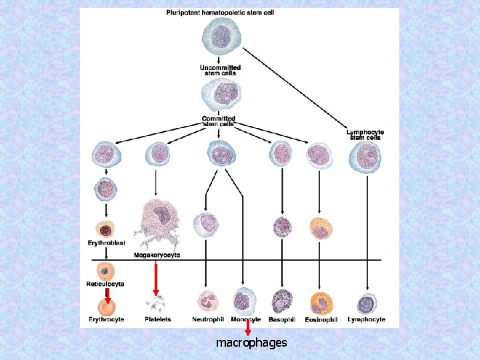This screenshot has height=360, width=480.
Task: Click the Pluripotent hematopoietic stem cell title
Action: tap(220, 12)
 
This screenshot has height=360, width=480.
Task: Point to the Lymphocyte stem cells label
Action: tap(365, 135)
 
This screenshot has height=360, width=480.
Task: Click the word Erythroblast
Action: tap(107, 243)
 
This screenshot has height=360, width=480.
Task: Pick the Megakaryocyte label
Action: tap(157, 255)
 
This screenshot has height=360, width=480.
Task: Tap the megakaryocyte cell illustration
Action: tap(157, 218)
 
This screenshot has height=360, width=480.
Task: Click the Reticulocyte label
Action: tap(105, 284)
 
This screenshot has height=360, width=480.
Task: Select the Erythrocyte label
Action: tap(106, 320)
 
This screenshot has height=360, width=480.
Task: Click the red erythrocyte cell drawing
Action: tap(106, 306)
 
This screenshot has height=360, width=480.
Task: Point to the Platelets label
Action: tap(158, 320)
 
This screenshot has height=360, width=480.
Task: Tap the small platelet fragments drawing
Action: tap(157, 305)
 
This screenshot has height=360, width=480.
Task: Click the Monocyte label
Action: tap(246, 320)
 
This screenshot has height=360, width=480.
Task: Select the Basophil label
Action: tap(283, 320)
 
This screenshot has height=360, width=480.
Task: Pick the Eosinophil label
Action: tap(320, 320)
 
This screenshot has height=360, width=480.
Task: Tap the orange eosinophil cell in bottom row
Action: tap(321, 303)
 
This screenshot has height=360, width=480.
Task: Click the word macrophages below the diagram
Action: tap(251, 343)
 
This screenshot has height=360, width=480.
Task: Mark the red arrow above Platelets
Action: tap(156, 280)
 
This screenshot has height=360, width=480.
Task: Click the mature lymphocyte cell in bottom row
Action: tap(366, 304)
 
